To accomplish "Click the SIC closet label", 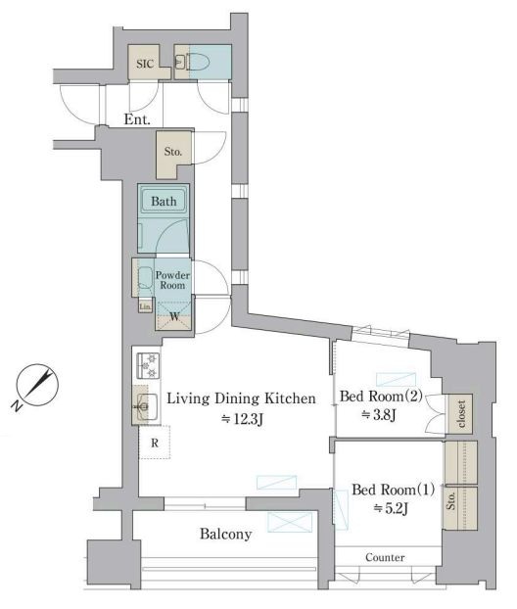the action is click(145, 64).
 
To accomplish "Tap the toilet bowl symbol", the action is click(198, 62).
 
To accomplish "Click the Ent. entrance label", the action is click(137, 119).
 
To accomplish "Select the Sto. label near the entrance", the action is click(173, 151).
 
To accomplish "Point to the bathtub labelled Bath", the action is click(164, 201).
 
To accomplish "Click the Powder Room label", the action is click(173, 280).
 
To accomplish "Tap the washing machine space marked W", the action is click(174, 316).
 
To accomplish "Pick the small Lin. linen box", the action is click(145, 306).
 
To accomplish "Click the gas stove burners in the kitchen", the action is click(149, 365).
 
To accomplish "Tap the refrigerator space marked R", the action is click(155, 443).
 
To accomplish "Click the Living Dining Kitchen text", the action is click(241, 398).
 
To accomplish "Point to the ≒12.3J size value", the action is click(242, 419).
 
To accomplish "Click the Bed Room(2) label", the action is click(381, 397).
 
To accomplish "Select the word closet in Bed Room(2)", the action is click(461, 413).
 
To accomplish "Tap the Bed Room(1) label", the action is click(393, 490).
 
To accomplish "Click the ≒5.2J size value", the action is click(391, 508).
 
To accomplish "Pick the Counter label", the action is click(385, 558).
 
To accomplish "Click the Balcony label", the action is click(225, 534).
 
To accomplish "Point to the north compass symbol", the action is click(35, 387).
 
